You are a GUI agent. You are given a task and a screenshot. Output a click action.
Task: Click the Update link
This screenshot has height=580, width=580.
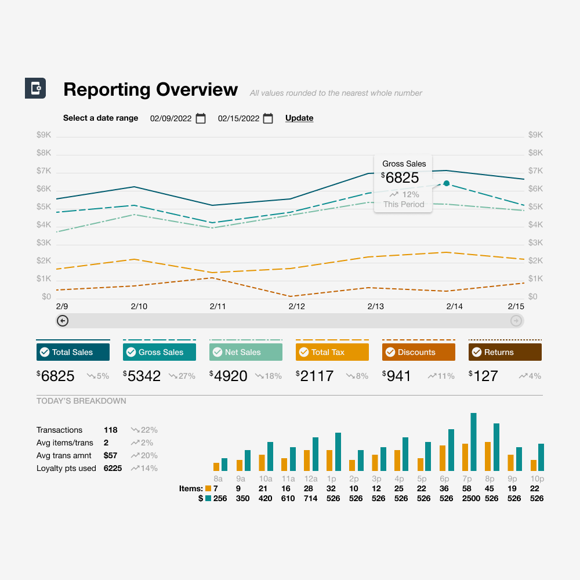pos(299,118)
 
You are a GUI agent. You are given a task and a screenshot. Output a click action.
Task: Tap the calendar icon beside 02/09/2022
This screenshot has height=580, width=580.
pos(201,118)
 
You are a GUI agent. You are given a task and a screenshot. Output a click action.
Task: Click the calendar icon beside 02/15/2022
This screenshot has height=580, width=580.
pos(268,118)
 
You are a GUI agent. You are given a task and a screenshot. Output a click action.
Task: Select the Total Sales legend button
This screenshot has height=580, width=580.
pos(73,352)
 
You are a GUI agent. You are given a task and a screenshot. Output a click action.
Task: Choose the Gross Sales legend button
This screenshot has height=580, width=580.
pos(159,352)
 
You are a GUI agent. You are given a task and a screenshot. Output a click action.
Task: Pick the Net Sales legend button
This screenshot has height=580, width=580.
pos(246,352)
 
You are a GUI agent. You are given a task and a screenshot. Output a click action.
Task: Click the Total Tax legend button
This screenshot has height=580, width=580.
pos(332,352)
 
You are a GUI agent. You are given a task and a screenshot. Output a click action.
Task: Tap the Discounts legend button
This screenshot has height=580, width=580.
pos(419,352)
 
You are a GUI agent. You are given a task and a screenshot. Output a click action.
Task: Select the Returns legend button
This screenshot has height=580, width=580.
pos(505,352)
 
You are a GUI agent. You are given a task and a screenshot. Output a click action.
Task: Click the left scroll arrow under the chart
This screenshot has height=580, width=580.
pos(63,321)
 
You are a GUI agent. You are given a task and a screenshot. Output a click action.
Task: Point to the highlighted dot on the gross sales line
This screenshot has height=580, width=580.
pos(446,183)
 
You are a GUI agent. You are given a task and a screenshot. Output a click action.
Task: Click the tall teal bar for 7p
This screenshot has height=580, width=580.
pos(473,442)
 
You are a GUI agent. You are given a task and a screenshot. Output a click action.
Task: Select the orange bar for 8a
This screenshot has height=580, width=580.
pos(216,466)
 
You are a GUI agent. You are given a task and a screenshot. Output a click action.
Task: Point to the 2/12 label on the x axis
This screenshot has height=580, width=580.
pos(296,306)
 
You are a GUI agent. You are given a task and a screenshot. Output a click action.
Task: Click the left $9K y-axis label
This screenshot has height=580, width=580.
pos(44,135)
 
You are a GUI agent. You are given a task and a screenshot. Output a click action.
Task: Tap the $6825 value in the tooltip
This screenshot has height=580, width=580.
pos(402,177)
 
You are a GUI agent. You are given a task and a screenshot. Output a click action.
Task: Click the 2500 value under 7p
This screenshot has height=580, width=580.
pos(471,498)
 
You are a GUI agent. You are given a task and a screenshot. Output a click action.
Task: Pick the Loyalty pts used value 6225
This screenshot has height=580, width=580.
pos(113,468)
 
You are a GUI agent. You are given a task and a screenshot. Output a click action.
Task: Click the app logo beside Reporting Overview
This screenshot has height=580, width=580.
pos(35,88)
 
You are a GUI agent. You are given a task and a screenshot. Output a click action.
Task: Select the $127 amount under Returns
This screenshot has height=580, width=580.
pos(485,376)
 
